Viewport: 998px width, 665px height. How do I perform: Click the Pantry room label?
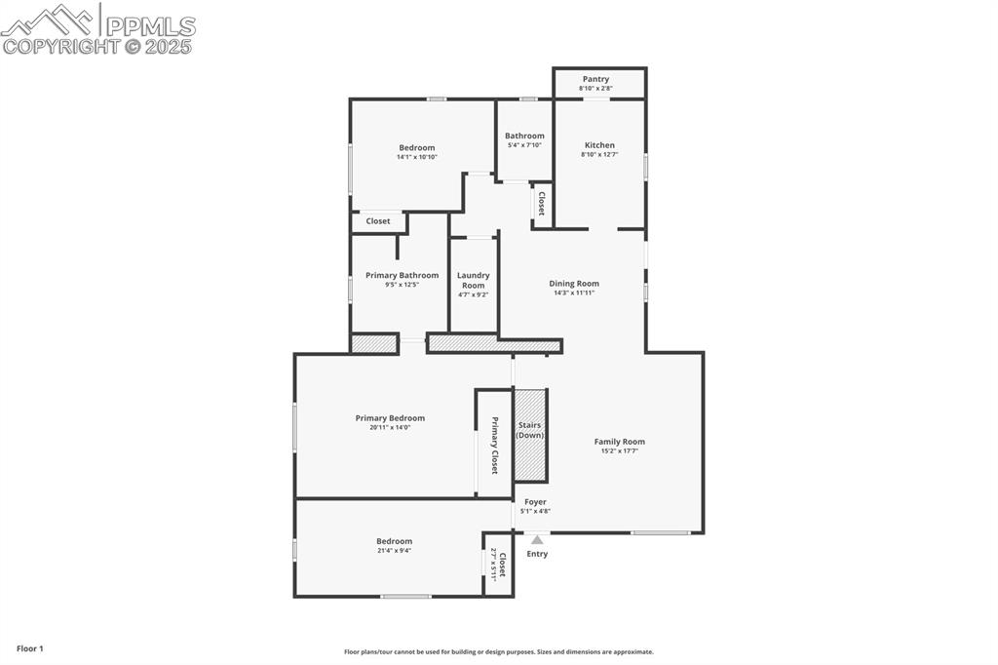(595, 79)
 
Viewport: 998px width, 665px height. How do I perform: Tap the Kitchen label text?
(599, 145)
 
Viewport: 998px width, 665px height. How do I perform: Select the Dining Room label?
(573, 284)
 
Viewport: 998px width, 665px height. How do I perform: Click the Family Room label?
(620, 442)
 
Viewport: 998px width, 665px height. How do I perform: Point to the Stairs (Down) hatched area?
(530, 434)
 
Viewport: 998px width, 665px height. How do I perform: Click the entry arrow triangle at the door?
(537, 538)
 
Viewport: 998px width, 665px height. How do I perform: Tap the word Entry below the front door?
(537, 554)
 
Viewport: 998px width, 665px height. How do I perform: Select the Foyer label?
(535, 502)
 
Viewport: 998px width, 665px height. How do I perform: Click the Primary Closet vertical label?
(494, 446)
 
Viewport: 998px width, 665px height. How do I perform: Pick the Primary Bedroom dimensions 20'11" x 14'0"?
(390, 427)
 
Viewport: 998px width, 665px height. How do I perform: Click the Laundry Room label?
(474, 281)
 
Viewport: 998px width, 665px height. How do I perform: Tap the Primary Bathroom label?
(402, 275)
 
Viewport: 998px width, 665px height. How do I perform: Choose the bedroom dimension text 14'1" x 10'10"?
(417, 157)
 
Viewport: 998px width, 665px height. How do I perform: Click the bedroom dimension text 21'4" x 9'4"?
(395, 550)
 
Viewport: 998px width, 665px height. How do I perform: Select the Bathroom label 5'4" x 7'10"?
(524, 140)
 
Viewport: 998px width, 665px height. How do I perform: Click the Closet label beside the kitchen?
(541, 205)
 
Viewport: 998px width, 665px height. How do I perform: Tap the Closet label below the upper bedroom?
(378, 221)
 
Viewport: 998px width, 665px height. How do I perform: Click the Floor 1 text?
(29, 648)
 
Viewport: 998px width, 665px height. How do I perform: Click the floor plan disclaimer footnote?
(498, 652)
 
